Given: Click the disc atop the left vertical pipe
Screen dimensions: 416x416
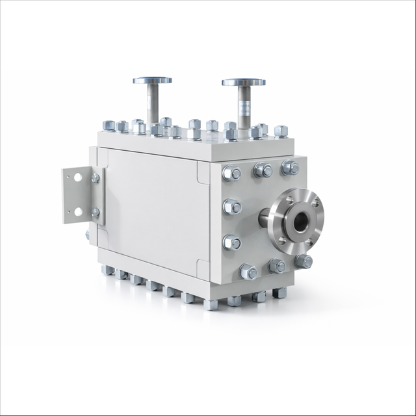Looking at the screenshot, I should (152, 81).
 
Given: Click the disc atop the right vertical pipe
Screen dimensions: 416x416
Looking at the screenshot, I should (243, 83).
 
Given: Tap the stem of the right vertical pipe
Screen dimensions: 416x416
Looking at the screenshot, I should (244, 105).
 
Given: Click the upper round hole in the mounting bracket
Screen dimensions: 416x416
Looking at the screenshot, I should (77, 177).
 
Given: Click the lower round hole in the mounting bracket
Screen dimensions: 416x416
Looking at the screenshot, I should (78, 211).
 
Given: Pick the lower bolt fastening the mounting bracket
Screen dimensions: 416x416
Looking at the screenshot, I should (95, 212).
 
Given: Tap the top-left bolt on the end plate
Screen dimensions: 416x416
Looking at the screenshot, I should (231, 174).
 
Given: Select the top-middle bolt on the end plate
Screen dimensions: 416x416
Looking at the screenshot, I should (263, 170).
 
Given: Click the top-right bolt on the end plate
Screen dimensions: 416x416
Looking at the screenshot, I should (290, 168).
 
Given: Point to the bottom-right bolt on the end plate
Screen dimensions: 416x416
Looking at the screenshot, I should (303, 261).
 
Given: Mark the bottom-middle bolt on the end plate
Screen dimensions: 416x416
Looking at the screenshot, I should (277, 266).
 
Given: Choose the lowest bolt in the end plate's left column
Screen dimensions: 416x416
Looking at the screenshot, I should (248, 272).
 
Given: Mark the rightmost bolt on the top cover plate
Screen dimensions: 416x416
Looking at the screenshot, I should (281, 131).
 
